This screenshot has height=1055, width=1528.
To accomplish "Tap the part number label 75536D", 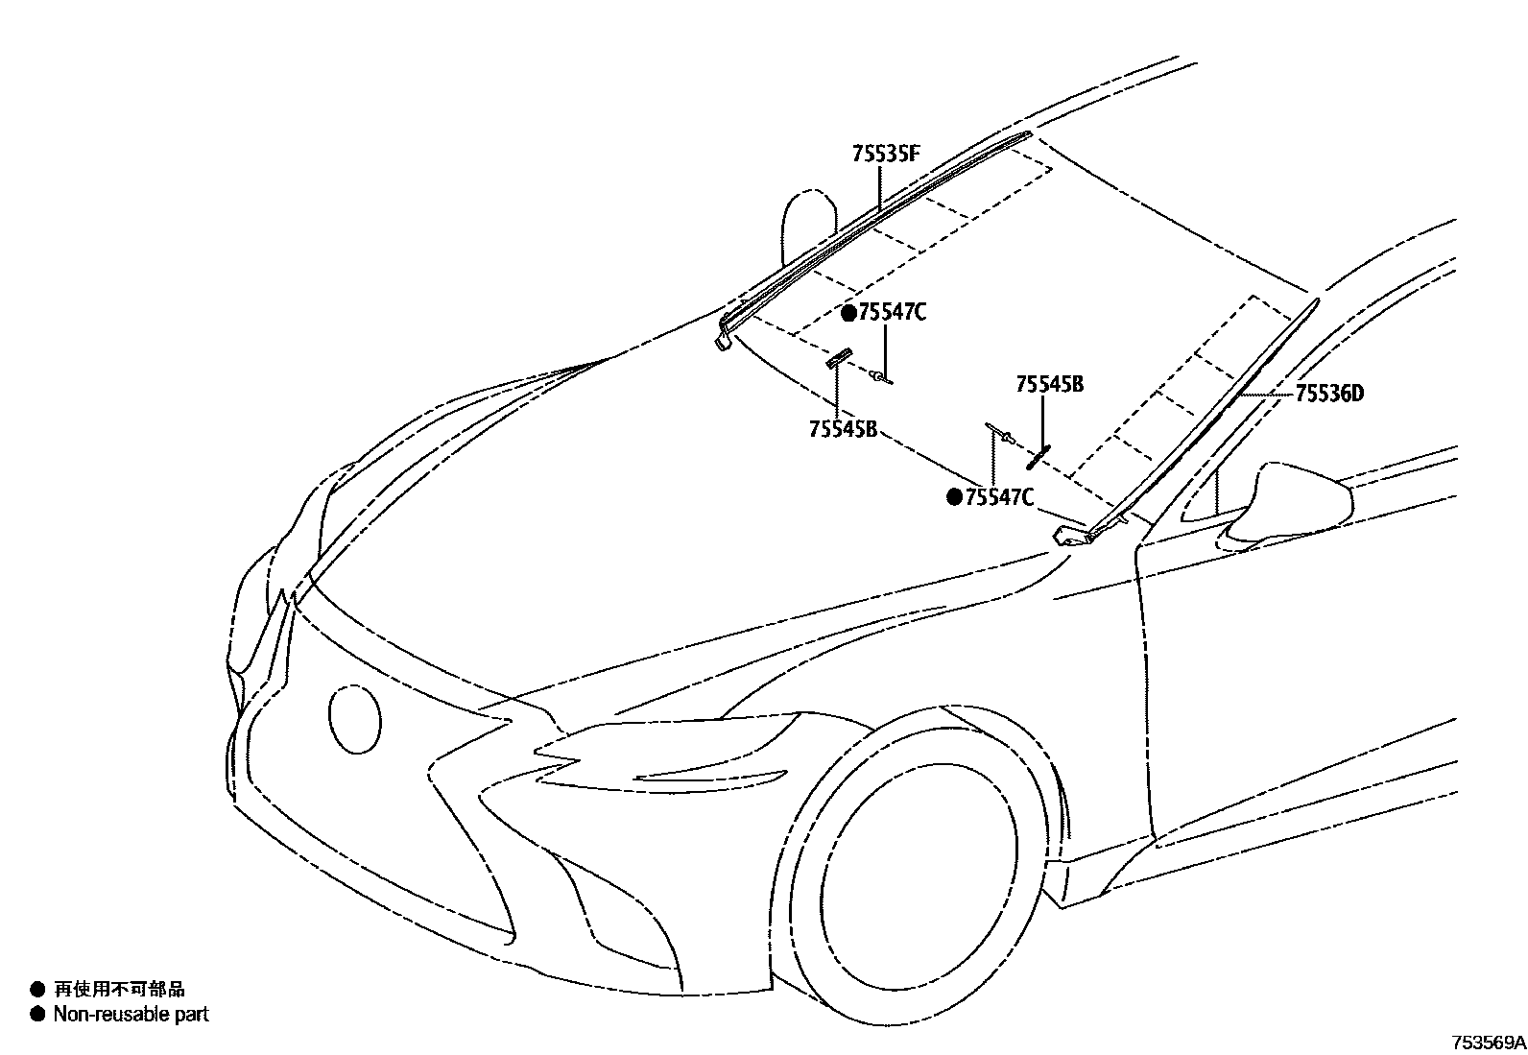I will (x=1328, y=393).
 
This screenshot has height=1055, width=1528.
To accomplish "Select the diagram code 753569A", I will (x=1488, y=1043).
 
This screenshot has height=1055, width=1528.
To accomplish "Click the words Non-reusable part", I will (x=131, y=1014).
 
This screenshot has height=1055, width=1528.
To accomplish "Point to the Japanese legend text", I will (x=119, y=989).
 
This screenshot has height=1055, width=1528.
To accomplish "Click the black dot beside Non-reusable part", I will (x=37, y=1014).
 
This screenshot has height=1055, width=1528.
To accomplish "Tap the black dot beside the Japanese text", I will (x=37, y=989).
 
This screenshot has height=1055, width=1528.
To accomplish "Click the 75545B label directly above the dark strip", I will (x=1049, y=384).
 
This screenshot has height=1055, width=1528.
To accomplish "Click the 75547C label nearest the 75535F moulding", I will (x=892, y=312).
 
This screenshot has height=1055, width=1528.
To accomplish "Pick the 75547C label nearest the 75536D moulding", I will (x=999, y=496).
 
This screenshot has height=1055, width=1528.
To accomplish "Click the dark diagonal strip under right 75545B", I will (x=1039, y=457).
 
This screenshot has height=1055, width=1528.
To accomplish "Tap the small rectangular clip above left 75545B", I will (x=839, y=358).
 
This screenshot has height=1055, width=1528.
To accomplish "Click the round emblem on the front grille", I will (x=354, y=720).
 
